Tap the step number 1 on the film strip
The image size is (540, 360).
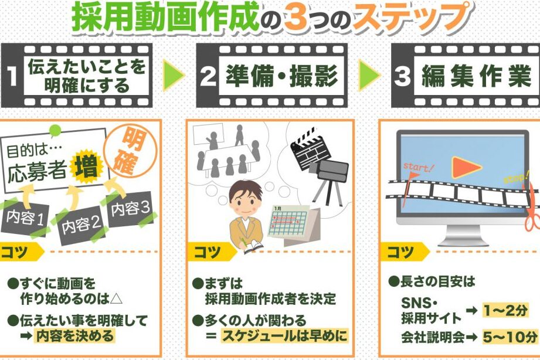pos(12,75)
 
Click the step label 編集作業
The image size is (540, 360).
pos(477,76)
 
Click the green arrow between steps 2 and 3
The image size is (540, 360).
pos(369,75)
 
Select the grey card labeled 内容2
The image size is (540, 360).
pos(81,225)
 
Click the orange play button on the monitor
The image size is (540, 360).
pos(466,168)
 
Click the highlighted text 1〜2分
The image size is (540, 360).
pos(505,310)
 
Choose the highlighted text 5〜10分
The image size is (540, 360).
pos(510,337)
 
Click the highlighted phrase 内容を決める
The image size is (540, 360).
pos(74,336)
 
